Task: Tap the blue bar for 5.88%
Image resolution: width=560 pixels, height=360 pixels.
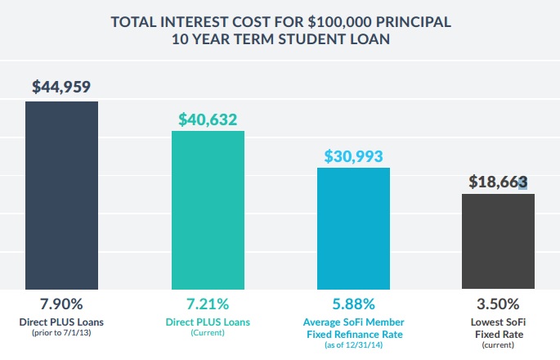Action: [353, 228]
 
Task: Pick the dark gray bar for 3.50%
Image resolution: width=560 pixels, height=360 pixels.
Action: [498, 241]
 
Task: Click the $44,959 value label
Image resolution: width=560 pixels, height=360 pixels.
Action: [62, 86]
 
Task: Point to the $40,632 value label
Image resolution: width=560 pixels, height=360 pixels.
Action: [208, 119]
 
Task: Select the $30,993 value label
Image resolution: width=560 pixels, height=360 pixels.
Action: [353, 155]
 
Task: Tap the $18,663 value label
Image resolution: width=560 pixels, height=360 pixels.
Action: [498, 182]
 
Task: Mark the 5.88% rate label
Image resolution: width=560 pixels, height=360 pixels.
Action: [352, 305]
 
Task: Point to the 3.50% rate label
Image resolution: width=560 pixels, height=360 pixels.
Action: [498, 305]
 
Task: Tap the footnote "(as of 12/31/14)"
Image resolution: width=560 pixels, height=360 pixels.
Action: [352, 346]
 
